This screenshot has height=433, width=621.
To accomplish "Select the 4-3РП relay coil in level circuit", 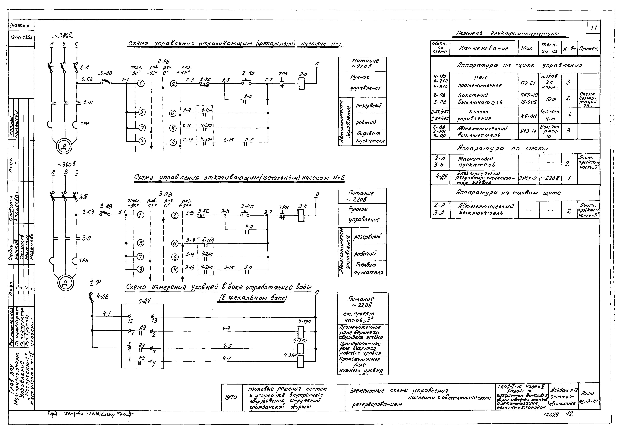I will (301, 362).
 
